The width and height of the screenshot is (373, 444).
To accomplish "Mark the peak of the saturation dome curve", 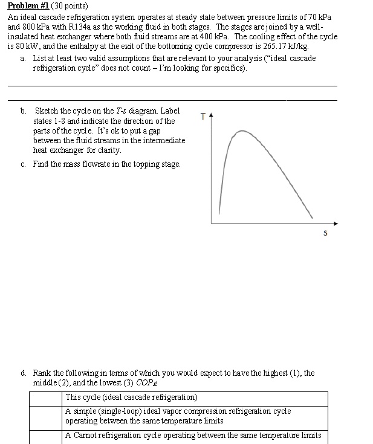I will [241, 130].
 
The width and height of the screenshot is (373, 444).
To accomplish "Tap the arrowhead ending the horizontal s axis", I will [336, 224].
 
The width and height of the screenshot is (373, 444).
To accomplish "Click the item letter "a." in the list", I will [22, 58].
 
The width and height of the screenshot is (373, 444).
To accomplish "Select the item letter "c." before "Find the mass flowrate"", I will [22, 164].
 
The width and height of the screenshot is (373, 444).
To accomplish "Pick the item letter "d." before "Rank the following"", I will [22, 373].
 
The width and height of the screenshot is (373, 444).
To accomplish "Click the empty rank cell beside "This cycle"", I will [46, 397].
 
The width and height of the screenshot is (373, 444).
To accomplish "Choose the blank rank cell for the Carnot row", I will [46, 436].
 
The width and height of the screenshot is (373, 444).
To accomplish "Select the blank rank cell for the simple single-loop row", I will [46, 416].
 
